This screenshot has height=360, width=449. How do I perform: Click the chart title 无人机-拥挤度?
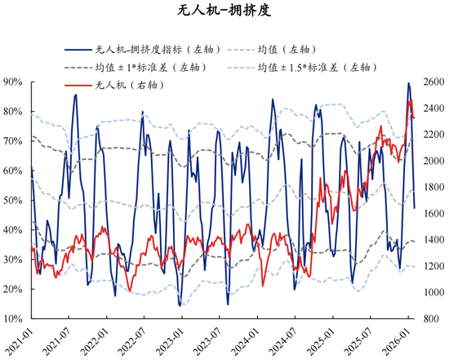(x=224, y=12)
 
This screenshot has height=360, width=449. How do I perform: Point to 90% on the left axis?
(x=14, y=82)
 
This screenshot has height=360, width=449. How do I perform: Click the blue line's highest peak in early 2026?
(x=409, y=83)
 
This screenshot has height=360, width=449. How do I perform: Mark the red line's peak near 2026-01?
(x=411, y=100)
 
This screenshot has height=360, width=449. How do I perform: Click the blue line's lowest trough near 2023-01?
(x=180, y=304)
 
